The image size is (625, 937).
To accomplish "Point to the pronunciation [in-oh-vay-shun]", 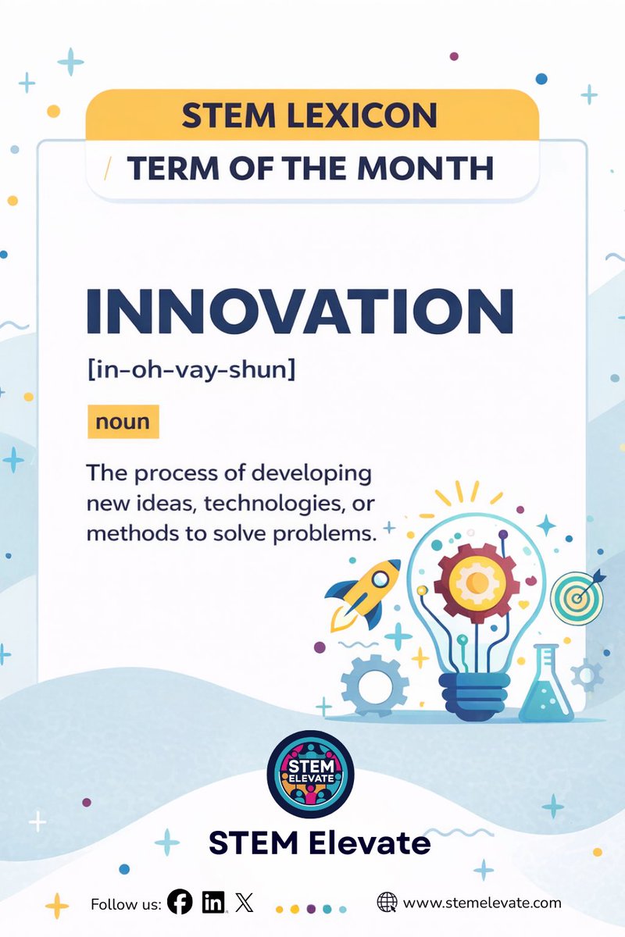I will click(191, 369).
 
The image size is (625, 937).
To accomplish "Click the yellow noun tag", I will click(123, 422).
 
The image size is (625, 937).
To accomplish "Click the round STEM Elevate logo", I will click(311, 774).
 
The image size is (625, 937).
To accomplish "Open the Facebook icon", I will click(180, 903).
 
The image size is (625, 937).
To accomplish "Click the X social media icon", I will click(245, 903).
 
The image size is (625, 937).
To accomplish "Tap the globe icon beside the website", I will click(387, 903).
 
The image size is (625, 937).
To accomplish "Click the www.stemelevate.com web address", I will click(482, 903).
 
